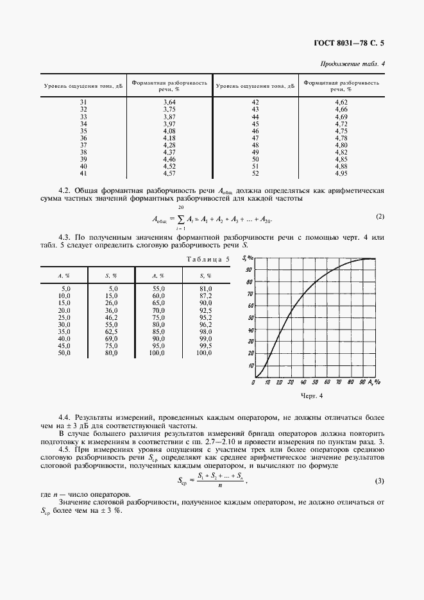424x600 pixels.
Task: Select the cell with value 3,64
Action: click(169, 103)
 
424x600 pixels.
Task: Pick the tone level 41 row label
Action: click(83, 174)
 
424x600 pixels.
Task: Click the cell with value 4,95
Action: click(341, 174)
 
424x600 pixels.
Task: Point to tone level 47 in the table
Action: click(255, 138)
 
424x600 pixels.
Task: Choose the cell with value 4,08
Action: click(169, 131)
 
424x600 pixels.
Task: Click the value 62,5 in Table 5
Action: click(112, 331)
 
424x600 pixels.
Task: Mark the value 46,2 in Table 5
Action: click(112, 317)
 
